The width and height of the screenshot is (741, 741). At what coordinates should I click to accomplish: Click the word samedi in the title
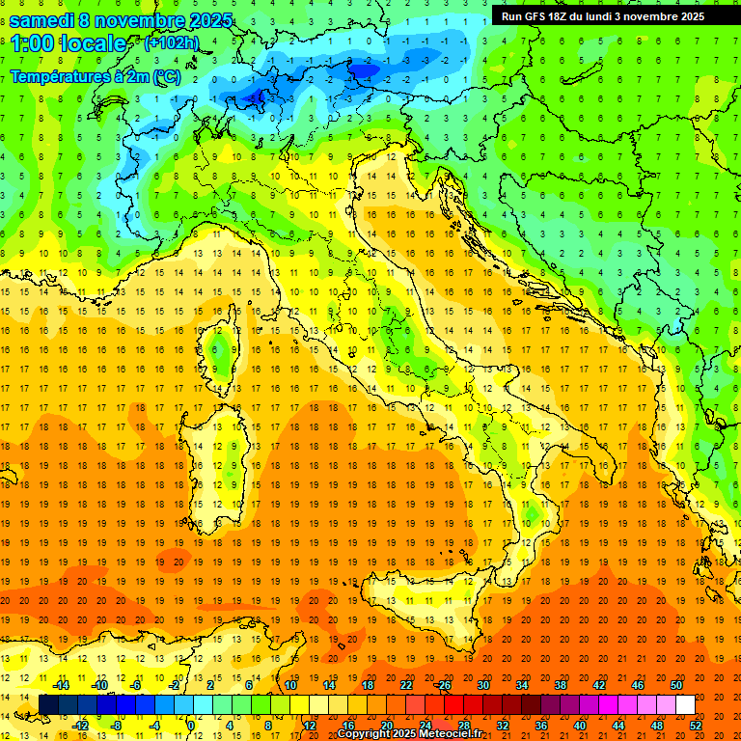pyautogui.click(x=43, y=20)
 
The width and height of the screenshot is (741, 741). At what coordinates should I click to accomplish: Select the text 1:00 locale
pyautogui.click(x=68, y=43)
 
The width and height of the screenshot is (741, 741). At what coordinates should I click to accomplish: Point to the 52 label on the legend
pyautogui.click(x=696, y=726)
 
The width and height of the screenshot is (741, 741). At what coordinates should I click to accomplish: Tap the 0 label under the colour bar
pyautogui.click(x=190, y=726)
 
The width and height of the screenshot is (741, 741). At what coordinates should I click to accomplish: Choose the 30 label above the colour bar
pyautogui.click(x=482, y=685)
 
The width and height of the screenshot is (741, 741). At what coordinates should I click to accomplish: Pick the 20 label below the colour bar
pyautogui.click(x=386, y=726)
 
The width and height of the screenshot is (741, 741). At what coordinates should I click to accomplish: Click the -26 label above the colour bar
pyautogui.click(x=443, y=685)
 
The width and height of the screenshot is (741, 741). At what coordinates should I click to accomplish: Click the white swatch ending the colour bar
pyautogui.click(x=685, y=705)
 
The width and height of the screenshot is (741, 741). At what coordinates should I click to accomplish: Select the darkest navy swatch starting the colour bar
pyautogui.click(x=48, y=705)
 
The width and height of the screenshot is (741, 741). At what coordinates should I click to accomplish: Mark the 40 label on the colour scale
pyautogui.click(x=579, y=726)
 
